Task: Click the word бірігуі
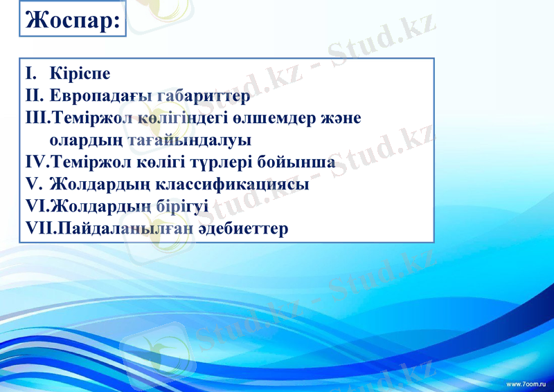pos(179,206)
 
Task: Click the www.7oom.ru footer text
pos(527,383)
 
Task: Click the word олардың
pos(88,140)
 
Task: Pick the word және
pos(341,118)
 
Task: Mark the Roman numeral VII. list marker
pos(39,228)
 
